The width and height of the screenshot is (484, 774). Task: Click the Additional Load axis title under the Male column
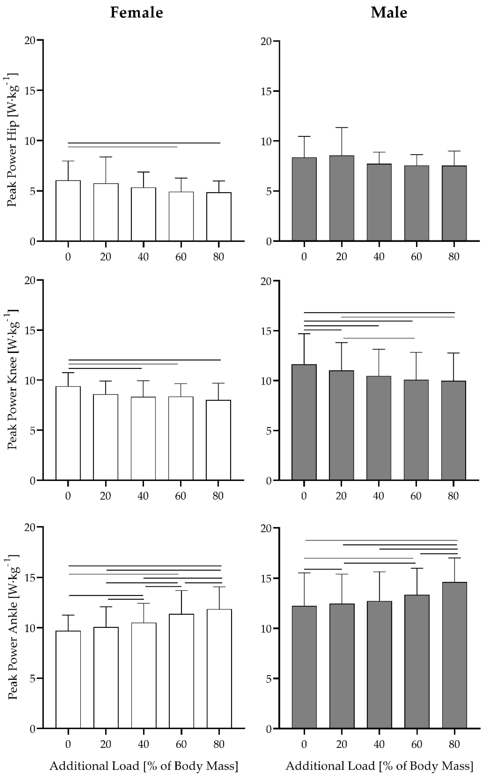pyautogui.click(x=379, y=766)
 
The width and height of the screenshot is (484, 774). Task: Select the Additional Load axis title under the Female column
pyautogui.click(x=144, y=766)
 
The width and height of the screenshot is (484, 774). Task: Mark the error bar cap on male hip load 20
pyautogui.click(x=342, y=128)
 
